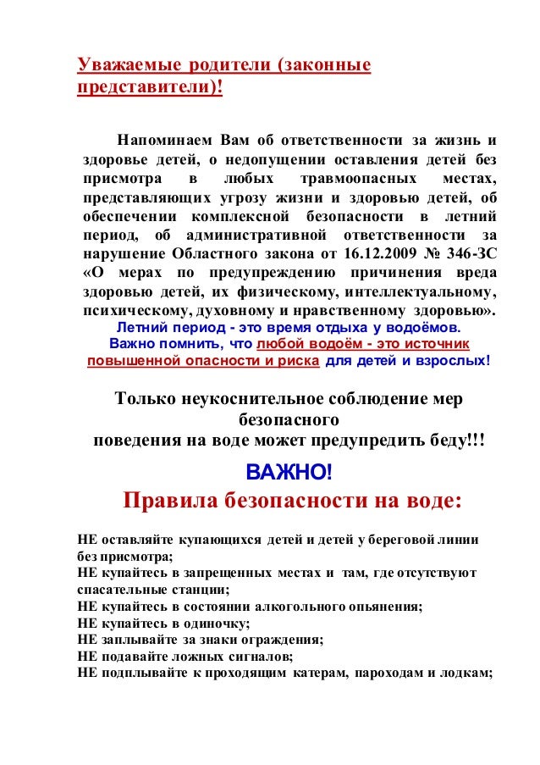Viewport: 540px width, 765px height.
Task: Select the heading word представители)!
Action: (150, 89)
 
